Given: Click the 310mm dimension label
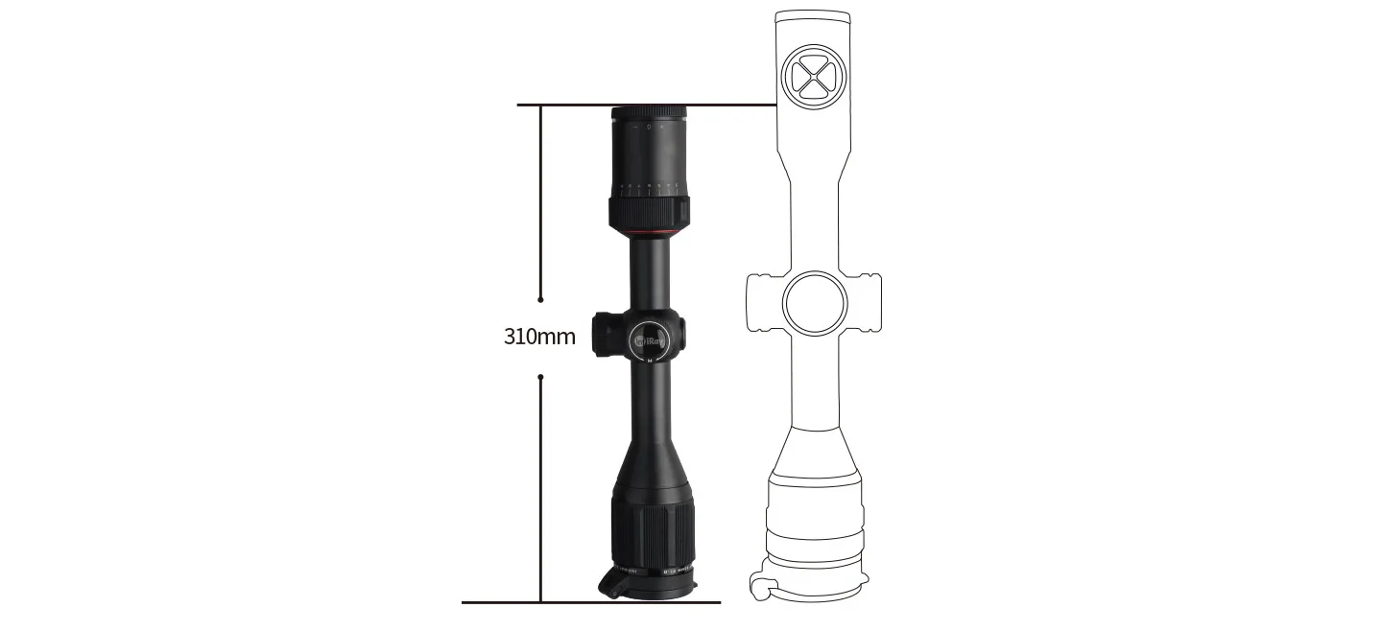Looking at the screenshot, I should (x=539, y=337).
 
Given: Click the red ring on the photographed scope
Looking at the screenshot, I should (x=650, y=234).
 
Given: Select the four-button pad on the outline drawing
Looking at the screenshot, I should (x=814, y=77).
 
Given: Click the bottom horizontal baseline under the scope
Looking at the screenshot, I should (x=590, y=602).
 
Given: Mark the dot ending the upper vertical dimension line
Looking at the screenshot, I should (x=541, y=299).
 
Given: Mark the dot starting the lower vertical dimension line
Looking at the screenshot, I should (x=541, y=378).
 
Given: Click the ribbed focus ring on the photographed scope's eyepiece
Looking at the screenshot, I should (x=650, y=212).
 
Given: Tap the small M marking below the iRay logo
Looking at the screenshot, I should (x=650, y=361).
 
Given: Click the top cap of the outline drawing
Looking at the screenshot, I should (x=814, y=19).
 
